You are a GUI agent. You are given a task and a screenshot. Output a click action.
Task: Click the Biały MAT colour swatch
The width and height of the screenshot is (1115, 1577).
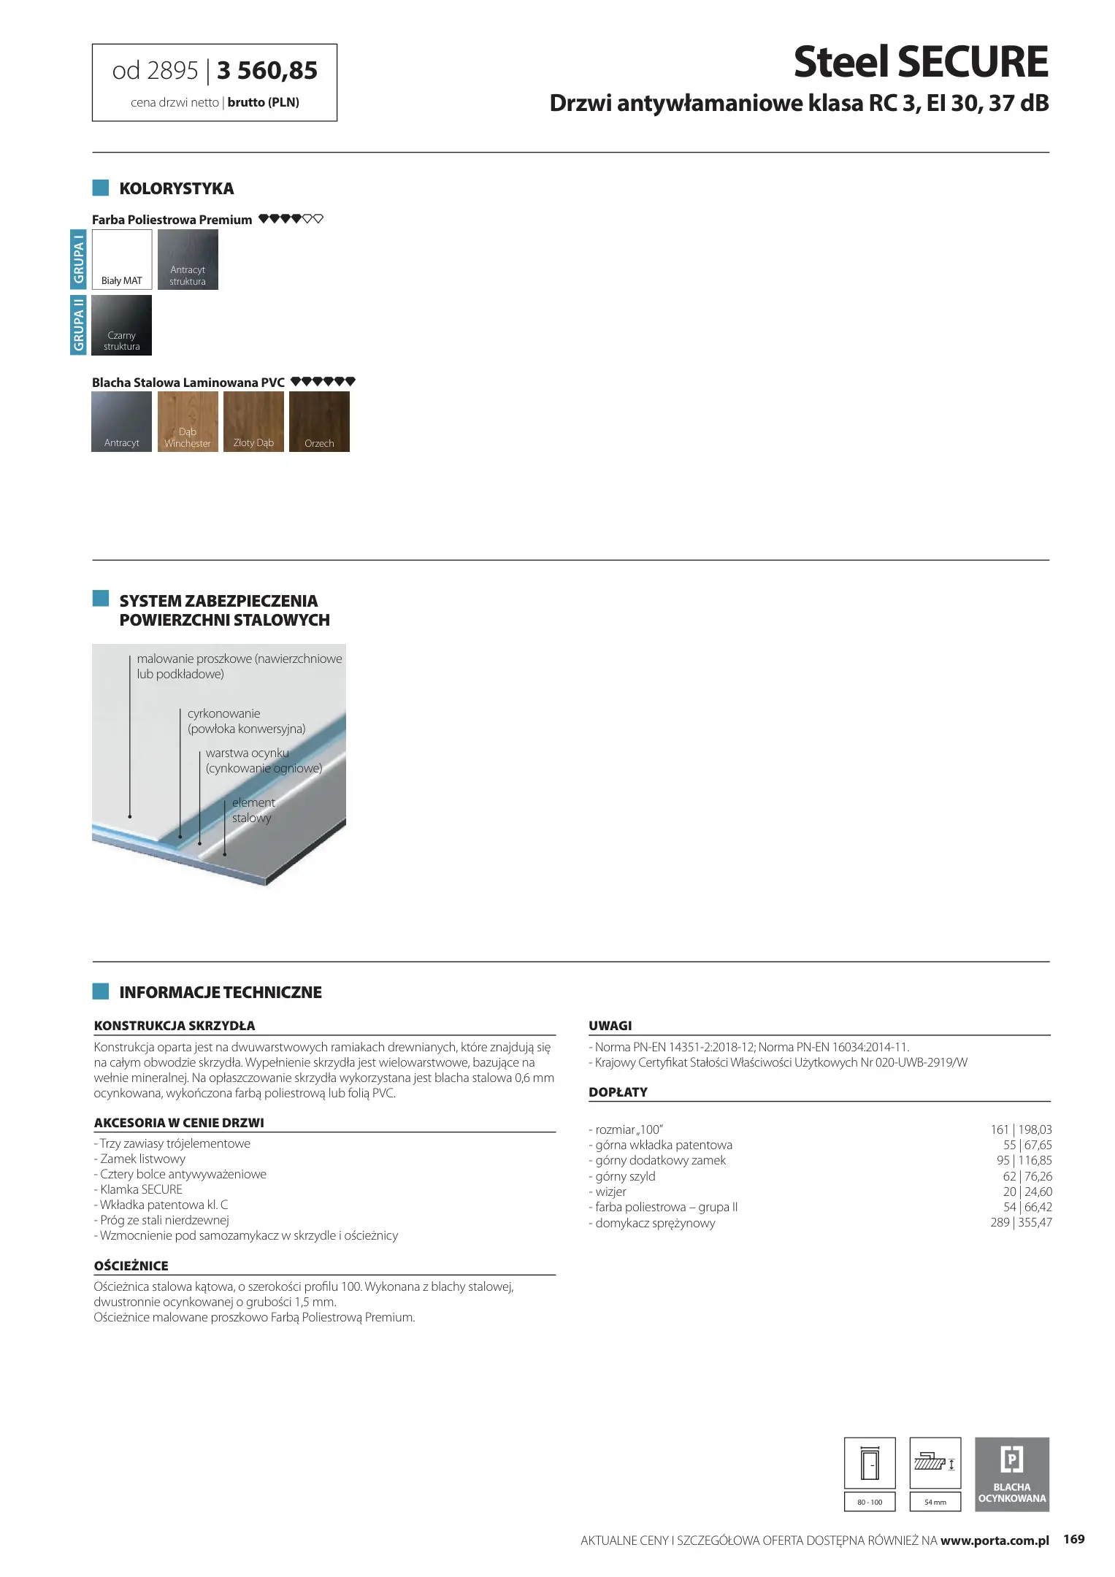tap(122, 259)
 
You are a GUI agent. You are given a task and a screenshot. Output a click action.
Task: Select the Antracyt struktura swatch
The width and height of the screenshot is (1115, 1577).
tap(188, 259)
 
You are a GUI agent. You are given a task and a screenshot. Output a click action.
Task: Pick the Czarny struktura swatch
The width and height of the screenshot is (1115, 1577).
tap(122, 325)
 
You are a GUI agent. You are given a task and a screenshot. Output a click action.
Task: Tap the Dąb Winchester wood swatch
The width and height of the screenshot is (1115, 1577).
tap(188, 421)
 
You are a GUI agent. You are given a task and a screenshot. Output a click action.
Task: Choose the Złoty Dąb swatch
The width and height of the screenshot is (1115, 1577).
tap(253, 421)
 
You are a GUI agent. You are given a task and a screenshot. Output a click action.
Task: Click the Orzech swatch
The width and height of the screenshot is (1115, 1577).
tap(319, 421)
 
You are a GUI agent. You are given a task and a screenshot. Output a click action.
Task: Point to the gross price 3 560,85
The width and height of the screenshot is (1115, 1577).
tap(267, 71)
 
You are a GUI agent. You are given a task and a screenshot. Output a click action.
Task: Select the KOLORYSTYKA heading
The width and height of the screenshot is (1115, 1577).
tap(176, 188)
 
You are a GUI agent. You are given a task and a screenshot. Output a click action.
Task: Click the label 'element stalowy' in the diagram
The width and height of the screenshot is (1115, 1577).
tap(253, 810)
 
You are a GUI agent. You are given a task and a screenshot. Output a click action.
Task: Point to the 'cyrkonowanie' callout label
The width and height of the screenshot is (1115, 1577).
tap(223, 713)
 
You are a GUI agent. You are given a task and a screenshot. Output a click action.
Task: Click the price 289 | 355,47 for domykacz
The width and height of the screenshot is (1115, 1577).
tap(1021, 1222)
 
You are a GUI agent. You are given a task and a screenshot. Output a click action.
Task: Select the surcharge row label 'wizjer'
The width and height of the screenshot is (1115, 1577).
tap(610, 1192)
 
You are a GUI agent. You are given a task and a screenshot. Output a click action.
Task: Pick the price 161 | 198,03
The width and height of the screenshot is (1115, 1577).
tap(1021, 1129)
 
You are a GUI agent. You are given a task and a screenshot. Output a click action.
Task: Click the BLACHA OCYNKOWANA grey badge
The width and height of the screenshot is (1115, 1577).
tap(1011, 1474)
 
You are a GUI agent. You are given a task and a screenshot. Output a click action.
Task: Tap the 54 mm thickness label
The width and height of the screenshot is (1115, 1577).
tap(935, 1502)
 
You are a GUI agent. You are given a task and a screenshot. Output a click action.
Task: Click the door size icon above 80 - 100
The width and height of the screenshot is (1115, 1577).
tap(870, 1462)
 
